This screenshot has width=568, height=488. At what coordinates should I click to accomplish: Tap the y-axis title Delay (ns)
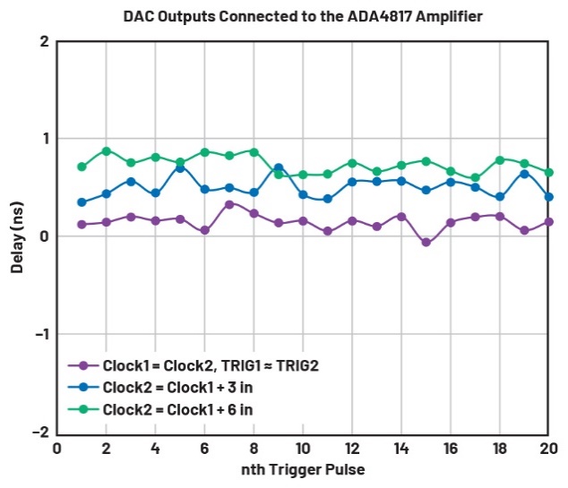[x=17, y=238]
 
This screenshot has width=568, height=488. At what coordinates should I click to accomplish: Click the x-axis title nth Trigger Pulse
[x=304, y=469]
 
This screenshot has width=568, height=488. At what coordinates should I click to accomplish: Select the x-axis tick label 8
[x=254, y=447]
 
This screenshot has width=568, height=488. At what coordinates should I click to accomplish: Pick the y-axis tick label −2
[x=39, y=432]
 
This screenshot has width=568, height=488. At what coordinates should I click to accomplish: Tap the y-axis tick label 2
[x=43, y=41]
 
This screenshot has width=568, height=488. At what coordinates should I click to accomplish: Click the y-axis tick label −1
[x=39, y=334]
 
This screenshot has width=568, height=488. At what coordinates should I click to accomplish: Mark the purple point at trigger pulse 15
[x=426, y=243]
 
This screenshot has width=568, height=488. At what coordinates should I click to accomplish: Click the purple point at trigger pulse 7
[x=229, y=204]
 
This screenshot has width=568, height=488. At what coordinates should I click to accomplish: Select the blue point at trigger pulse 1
[x=82, y=202]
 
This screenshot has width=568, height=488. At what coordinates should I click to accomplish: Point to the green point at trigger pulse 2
[x=107, y=151]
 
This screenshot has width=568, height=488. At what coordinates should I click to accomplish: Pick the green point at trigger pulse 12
[x=352, y=163]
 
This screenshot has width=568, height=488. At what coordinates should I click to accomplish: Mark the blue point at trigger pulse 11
[x=328, y=199]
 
